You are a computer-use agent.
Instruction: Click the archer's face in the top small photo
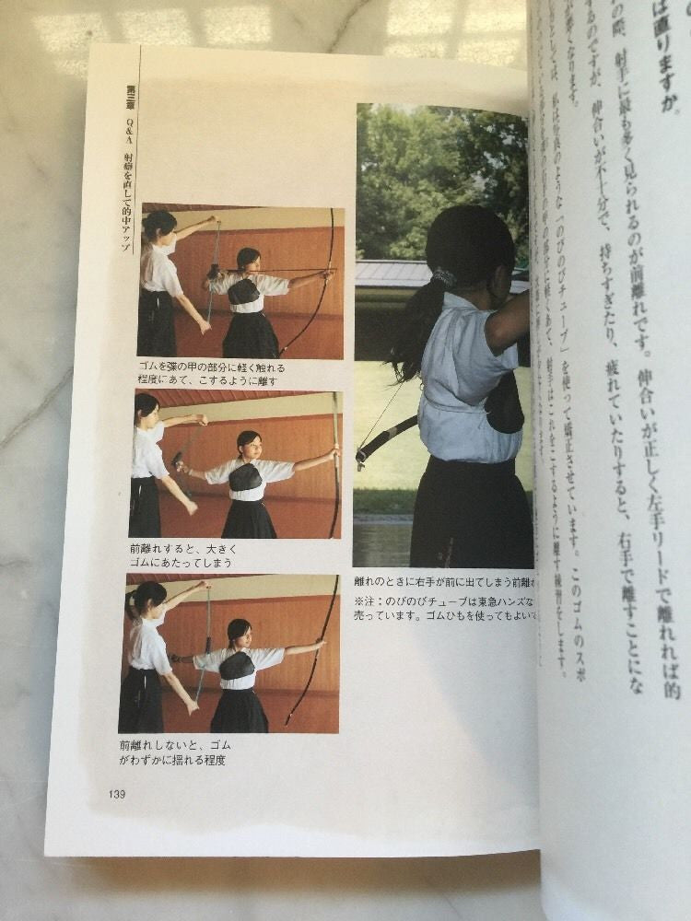(x=248, y=260)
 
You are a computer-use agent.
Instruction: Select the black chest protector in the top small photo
(x=244, y=292)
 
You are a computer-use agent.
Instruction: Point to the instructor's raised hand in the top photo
(x=211, y=221)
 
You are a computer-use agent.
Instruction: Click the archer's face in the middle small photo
(x=247, y=443)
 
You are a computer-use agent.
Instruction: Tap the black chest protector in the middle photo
(x=244, y=477)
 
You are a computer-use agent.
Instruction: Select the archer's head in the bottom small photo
(x=239, y=632)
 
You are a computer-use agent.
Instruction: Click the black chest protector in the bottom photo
(x=237, y=665)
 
